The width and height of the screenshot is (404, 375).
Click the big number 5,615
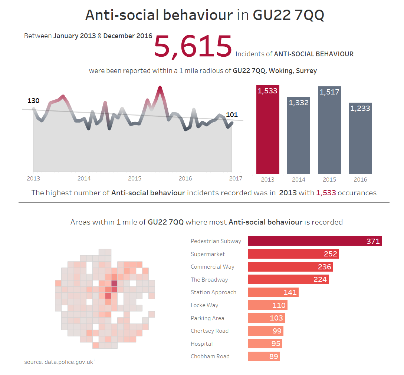click(x=193, y=46)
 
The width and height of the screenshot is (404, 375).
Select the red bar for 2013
click(x=267, y=130)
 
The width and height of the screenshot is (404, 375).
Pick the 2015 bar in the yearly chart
click(x=329, y=130)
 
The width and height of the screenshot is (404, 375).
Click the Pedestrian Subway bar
click(x=315, y=241)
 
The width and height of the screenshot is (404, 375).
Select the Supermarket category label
click(x=208, y=254)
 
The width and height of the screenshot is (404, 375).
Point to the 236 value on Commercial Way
click(x=325, y=267)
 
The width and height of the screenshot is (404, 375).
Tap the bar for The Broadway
click(x=288, y=279)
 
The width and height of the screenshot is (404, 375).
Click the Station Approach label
click(x=213, y=292)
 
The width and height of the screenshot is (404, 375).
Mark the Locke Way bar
click(x=267, y=305)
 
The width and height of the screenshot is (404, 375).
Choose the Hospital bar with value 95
click(x=265, y=344)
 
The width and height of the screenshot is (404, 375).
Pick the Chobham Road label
click(x=210, y=356)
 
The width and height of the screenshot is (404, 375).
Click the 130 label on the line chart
click(x=33, y=101)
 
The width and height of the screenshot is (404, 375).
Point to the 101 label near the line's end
click(x=232, y=115)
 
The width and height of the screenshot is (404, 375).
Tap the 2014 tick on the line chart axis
click(x=84, y=179)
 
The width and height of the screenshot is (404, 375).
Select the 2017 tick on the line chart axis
click(x=236, y=179)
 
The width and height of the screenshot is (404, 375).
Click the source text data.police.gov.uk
click(x=59, y=362)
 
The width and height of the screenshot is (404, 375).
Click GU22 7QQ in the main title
click(x=288, y=15)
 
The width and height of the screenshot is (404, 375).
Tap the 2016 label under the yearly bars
click(x=360, y=180)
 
